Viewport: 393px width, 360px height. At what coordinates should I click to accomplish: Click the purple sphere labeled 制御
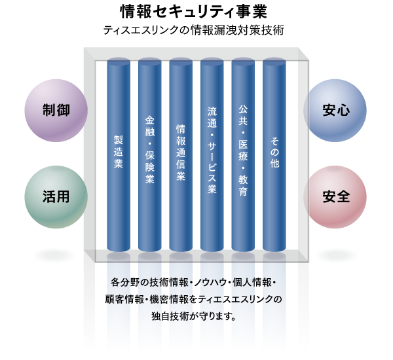[56, 111]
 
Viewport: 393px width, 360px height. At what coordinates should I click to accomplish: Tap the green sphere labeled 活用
[56, 196]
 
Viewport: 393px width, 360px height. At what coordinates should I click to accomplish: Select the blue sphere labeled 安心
[335, 111]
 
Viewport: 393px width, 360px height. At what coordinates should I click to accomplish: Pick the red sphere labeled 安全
[335, 196]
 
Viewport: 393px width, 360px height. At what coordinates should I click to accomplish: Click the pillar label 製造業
[119, 152]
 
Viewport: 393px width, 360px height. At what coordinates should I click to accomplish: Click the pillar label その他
[274, 152]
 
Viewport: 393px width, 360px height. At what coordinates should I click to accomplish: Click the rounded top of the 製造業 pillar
[119, 63]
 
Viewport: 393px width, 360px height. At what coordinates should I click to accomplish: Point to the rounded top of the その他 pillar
[274, 63]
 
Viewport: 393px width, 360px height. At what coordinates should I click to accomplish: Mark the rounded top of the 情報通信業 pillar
[181, 63]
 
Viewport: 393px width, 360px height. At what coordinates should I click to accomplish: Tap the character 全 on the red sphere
[343, 196]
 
